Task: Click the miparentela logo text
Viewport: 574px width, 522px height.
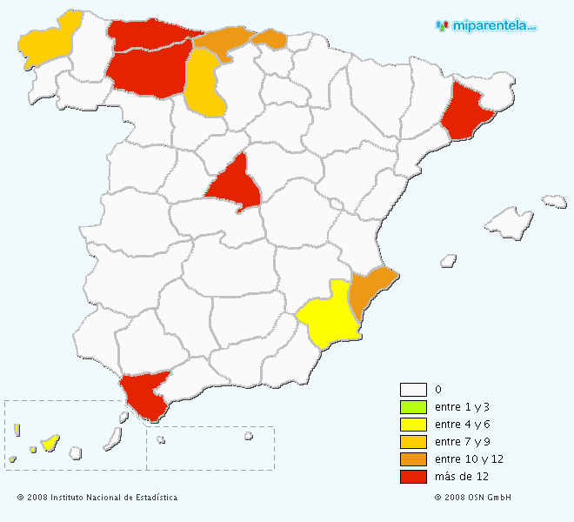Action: pos(493,26)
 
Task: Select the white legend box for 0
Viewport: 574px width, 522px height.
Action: pos(413,390)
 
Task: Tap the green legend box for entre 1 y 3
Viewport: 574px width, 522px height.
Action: pos(413,407)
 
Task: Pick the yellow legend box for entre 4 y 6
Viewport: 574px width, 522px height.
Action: pos(413,425)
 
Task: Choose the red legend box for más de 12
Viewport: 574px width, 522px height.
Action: pos(413,477)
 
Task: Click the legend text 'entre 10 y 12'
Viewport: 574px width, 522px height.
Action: pos(469,459)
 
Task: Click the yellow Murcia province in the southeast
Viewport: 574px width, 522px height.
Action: pos(329,315)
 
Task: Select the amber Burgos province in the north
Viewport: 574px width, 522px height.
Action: pos(205,84)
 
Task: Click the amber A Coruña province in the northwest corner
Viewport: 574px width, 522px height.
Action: pos(43,39)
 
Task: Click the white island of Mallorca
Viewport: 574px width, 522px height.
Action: pos(509,223)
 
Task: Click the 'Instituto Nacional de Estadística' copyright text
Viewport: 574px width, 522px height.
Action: pos(97,498)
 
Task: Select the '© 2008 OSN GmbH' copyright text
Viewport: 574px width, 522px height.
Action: pos(472,498)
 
